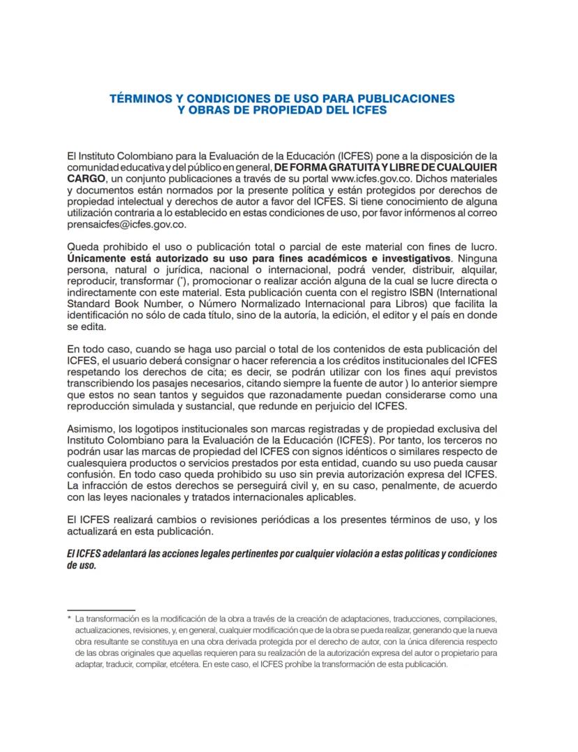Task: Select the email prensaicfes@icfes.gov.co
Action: click(126, 225)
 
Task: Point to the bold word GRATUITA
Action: click(344, 167)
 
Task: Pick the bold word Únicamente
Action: click(97, 257)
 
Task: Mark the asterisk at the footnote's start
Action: click(69, 619)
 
